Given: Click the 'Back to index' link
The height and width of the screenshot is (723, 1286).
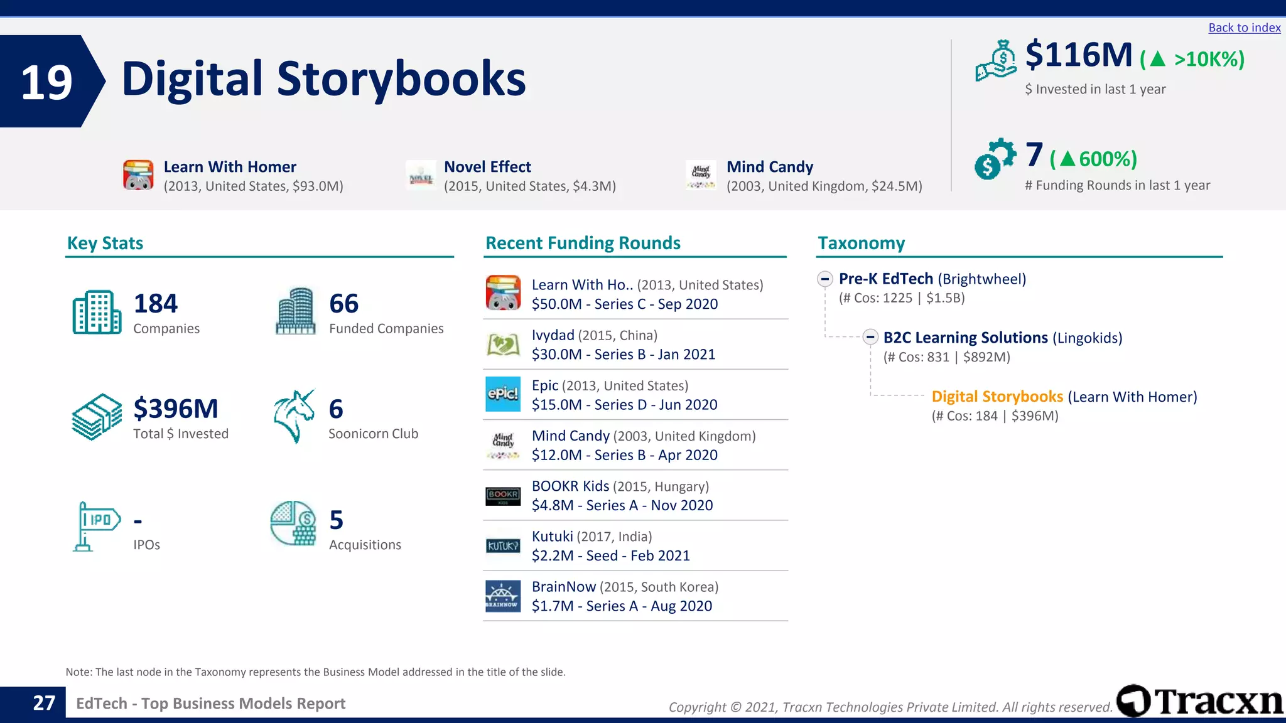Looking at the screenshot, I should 1244,28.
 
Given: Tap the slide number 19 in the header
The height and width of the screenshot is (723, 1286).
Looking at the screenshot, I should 46,82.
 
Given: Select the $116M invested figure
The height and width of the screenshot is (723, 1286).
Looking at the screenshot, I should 1079,55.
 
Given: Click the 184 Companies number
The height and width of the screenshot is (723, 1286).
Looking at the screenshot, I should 156,304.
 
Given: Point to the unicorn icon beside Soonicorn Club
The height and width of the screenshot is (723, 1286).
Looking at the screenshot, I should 294,416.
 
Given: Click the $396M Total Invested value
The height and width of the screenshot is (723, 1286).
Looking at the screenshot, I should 176,409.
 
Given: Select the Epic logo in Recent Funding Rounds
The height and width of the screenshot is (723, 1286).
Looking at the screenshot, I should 503,394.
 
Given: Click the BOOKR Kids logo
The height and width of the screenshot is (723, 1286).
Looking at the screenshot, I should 503,496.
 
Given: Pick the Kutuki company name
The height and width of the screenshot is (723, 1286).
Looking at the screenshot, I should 553,537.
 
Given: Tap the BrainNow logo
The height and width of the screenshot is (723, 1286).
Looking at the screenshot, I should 503,596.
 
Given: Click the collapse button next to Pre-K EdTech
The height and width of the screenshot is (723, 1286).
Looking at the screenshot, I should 825,279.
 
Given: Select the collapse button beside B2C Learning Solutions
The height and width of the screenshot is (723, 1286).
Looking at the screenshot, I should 870,338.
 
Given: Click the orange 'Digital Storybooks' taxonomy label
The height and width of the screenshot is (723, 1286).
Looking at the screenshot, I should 997,397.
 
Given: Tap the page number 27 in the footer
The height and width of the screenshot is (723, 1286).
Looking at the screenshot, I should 44,703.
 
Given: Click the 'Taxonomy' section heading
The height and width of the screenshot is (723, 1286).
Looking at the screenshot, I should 861,244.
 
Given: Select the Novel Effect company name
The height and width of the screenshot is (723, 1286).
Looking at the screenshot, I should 487,167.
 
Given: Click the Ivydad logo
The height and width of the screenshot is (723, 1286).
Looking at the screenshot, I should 503,344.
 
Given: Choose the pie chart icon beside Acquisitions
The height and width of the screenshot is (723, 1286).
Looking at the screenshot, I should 293,523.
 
